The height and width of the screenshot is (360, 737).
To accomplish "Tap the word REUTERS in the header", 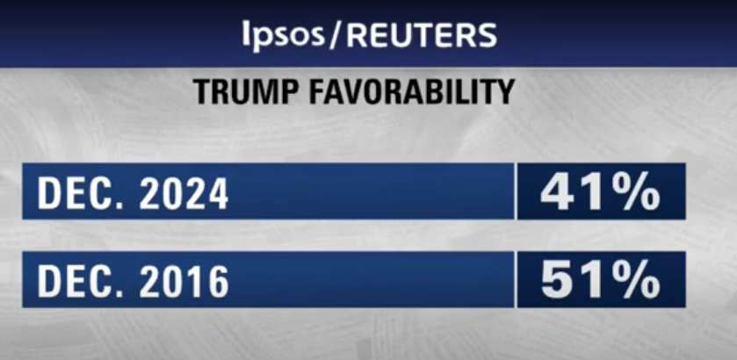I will (422, 34).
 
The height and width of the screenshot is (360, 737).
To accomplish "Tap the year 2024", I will (181, 193).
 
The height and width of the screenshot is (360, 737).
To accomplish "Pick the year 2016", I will (181, 282).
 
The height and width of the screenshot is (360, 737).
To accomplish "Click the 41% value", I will (600, 192).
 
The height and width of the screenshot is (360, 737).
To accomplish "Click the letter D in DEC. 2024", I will (48, 193).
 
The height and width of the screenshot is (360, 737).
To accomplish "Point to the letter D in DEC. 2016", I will (48, 282).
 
